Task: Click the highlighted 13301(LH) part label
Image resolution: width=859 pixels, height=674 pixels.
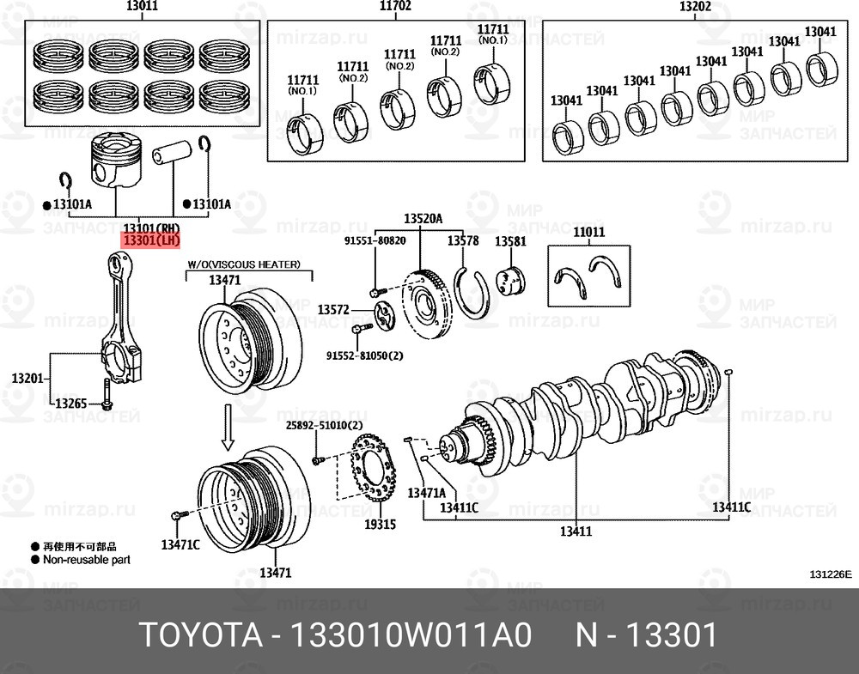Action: [152, 241]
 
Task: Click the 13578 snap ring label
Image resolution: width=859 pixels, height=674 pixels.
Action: [465, 242]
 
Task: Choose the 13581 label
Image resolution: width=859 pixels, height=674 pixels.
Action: [510, 242]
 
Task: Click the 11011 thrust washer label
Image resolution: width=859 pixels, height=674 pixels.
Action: [589, 232]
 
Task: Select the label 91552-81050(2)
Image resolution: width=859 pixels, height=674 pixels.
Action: [364, 355]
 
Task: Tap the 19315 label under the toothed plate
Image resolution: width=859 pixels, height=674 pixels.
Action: [380, 524]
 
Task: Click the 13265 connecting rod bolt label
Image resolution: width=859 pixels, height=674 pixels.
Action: [71, 403]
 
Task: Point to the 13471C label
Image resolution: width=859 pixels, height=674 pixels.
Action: [180, 544]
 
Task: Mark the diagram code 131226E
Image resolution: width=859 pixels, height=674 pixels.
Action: [829, 574]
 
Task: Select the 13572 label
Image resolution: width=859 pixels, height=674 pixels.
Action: [333, 308]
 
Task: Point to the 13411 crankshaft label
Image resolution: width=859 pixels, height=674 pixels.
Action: [576, 531]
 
